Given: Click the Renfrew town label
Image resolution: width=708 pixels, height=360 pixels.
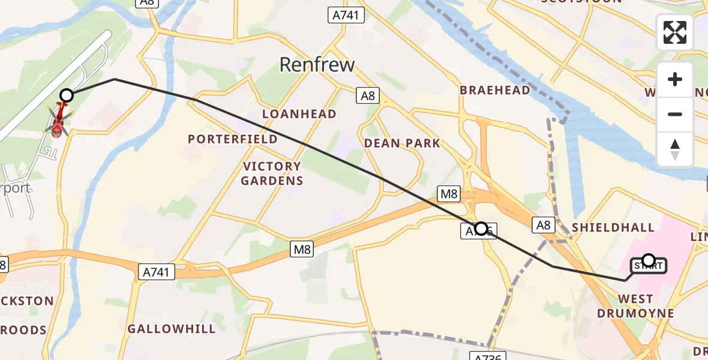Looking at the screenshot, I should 317,64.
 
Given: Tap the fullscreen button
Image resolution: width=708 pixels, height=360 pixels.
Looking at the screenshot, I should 675,32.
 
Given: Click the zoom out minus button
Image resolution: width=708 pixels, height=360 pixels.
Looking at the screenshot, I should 675,114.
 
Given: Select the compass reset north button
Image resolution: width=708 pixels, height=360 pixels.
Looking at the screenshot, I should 675,149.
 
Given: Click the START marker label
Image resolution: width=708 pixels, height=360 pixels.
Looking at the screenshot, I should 649,265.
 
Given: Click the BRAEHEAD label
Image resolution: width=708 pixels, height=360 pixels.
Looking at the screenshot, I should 495,90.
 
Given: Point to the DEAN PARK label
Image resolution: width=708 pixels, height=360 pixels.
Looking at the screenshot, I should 402,143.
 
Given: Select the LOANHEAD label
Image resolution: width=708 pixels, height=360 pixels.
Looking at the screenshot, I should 299,114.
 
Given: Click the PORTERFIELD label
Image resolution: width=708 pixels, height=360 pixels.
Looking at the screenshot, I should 233,139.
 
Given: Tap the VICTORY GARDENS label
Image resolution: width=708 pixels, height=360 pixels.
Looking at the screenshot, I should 272,173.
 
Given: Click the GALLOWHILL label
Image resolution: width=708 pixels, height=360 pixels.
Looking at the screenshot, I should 172,329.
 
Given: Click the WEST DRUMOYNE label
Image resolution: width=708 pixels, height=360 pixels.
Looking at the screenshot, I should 635,306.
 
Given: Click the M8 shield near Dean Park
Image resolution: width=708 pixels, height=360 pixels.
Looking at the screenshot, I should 449,193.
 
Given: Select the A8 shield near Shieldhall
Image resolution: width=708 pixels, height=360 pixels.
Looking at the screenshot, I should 543,225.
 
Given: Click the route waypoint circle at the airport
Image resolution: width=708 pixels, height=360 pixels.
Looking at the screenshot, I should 67,95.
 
